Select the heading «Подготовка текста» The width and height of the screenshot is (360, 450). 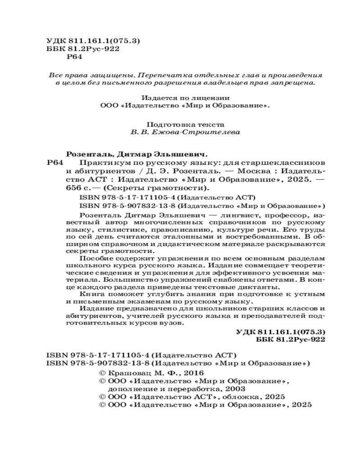[185, 124]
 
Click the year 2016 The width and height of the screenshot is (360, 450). [194, 373]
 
